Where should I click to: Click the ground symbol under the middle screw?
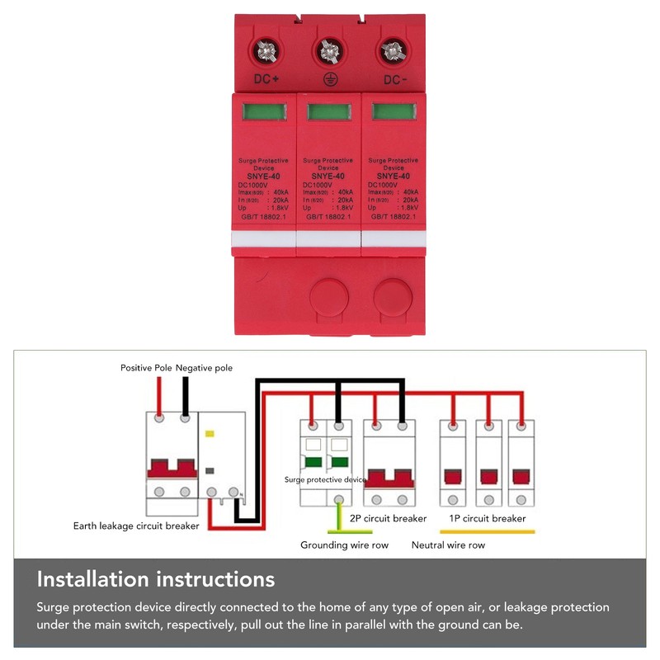[328, 80]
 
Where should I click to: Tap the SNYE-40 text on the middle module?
[328, 176]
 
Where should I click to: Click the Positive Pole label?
[146, 367]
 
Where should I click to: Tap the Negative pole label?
[204, 367]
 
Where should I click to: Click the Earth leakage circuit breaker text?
[136, 526]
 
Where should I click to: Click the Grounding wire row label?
[344, 545]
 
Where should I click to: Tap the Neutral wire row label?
[448, 545]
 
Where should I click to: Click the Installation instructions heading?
[156, 578]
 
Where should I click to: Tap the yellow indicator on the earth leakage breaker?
[209, 432]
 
